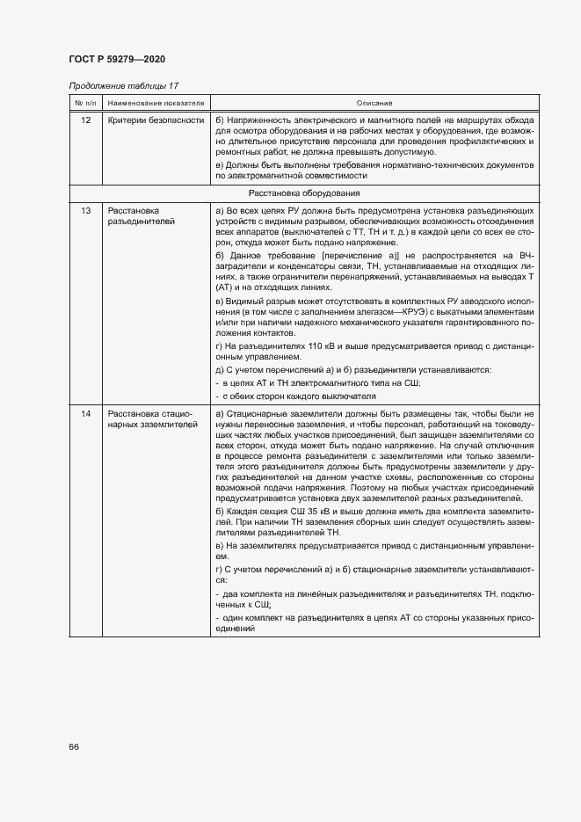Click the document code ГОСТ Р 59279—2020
116,58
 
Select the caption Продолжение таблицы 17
123,85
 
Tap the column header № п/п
85,103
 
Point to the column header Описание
374,103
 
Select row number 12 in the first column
85,119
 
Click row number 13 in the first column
85,212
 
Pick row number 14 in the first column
85,413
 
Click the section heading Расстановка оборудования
303,192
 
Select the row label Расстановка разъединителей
141,217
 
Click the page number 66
74,746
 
